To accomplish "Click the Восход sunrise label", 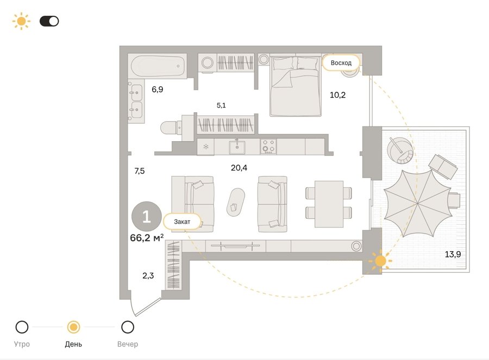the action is pyautogui.click(x=341, y=62).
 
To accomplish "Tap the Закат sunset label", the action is pyautogui.click(x=182, y=222).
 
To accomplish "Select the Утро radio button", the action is pyautogui.click(x=22, y=327).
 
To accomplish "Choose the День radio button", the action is pyautogui.click(x=73, y=327).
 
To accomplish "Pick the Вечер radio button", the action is pyautogui.click(x=128, y=327).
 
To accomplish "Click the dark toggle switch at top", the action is pyautogui.click(x=49, y=21).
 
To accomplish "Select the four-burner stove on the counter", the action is pyautogui.click(x=268, y=147).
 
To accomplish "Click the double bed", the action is pyautogui.click(x=296, y=86).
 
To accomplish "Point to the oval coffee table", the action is pyautogui.click(x=235, y=202).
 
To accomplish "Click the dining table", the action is pyautogui.click(x=329, y=204).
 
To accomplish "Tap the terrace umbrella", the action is pyautogui.click(x=418, y=203).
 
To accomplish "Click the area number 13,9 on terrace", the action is pyautogui.click(x=453, y=254).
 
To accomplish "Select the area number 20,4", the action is pyautogui.click(x=239, y=168).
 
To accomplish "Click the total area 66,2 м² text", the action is pyautogui.click(x=147, y=238).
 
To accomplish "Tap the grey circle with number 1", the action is pyautogui.click(x=147, y=217).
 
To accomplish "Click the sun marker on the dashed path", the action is pyautogui.click(x=380, y=261).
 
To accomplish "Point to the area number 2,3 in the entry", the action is pyautogui.click(x=148, y=275).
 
